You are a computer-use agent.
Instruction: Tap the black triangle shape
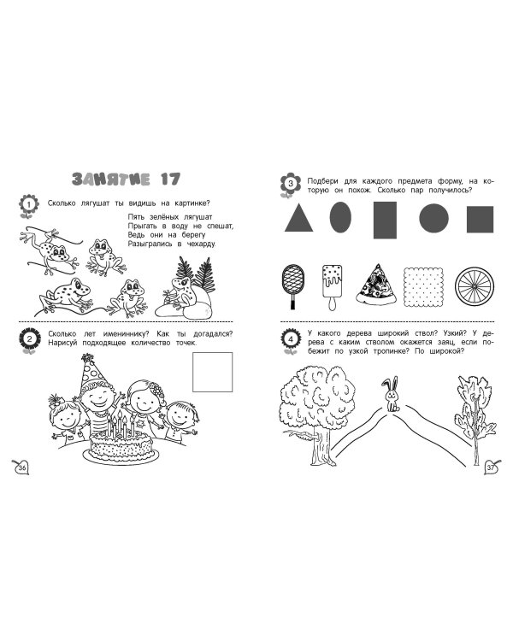298,219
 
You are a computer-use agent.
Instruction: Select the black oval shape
340,220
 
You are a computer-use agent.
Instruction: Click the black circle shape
433,220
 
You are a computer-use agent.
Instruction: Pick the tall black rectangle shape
386,220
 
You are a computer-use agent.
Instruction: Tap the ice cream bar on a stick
333,284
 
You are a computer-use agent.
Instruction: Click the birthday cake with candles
122,438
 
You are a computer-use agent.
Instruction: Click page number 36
23,466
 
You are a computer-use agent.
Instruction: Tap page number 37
490,467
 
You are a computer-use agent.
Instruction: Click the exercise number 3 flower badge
289,184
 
